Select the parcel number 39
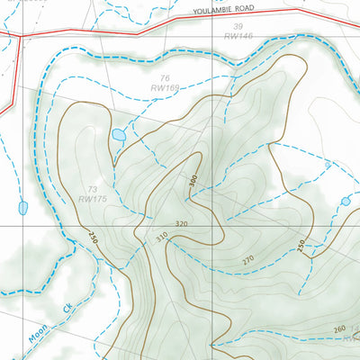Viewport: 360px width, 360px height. click(238, 27)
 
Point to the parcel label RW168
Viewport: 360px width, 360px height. click(166, 88)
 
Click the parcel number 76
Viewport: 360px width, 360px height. click(165, 78)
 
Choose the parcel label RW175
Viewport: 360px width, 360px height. click(93, 198)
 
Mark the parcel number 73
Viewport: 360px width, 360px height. click(92, 187)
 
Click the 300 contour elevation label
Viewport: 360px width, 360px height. click(193, 181)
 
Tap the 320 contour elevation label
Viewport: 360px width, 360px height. click(181, 224)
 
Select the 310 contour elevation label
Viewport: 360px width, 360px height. click(162, 238)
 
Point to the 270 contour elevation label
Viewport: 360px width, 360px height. click(248, 260)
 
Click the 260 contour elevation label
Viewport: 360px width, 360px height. click(338, 328)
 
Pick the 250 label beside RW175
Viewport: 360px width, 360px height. click(92, 238)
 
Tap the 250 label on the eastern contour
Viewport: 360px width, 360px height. click(301, 245)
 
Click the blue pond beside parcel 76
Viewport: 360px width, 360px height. click(119, 135)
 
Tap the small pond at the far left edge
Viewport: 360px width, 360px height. click(22, 208)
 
